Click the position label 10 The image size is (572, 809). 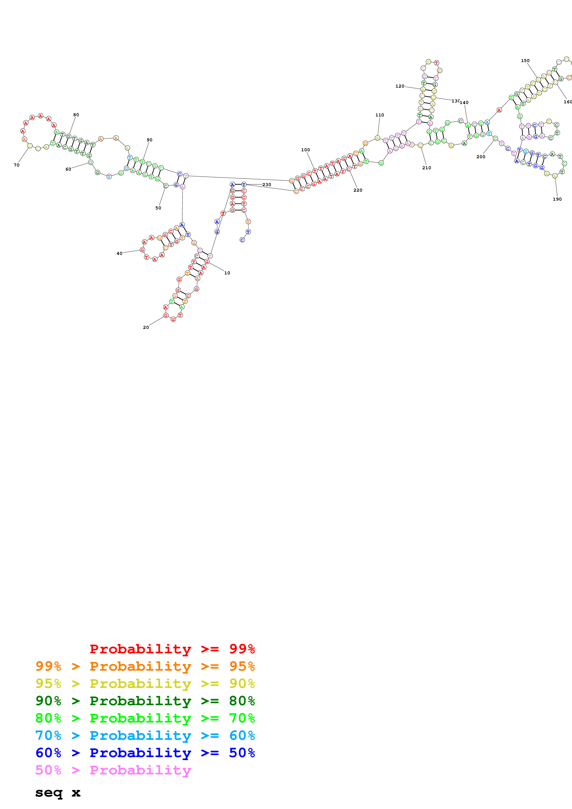tap(227, 273)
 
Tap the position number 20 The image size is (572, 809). tap(146, 327)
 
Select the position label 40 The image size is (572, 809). tap(120, 253)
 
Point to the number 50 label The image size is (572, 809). tap(158, 208)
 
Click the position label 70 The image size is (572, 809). tap(17, 165)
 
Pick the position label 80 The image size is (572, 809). tap(76, 115)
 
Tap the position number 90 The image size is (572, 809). tap(150, 140)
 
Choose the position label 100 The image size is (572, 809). tap(305, 150)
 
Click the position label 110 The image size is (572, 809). tap(380, 115)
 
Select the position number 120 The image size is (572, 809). tap(400, 86)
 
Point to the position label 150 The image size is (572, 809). tap(525, 61)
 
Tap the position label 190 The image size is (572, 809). tap(557, 199)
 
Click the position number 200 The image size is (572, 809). tap(481, 157)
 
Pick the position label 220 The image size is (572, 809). tap(358, 190)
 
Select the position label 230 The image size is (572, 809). tap(267, 185)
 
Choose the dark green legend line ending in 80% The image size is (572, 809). tap(145, 701)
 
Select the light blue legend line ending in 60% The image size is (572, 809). tap(145, 735)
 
